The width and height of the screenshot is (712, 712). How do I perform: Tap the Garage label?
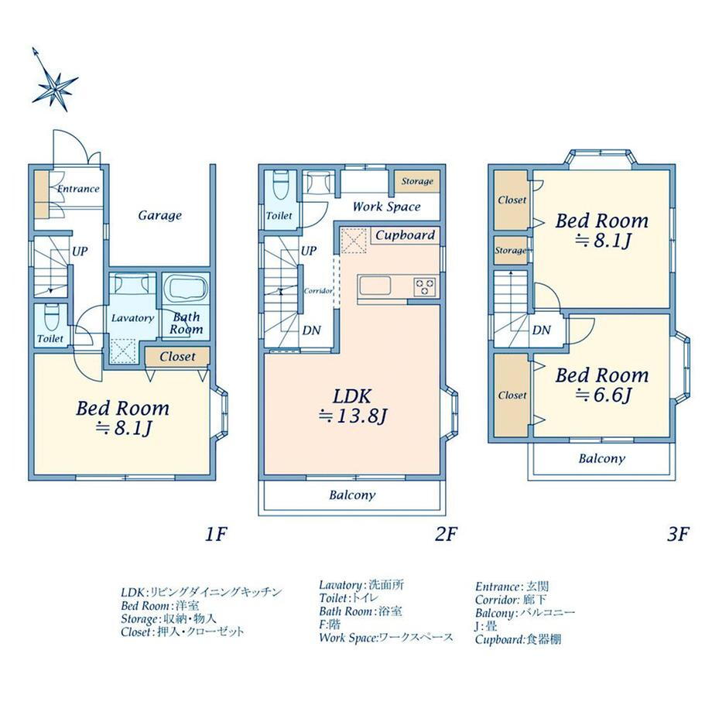[x=160, y=215]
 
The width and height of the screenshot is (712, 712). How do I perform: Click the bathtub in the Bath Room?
[x=186, y=288]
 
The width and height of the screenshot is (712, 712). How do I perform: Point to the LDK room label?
[x=352, y=396]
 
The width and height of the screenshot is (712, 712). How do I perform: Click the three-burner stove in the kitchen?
[x=425, y=287]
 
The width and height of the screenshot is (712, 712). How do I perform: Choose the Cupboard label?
[x=405, y=235]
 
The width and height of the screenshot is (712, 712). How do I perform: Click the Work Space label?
[x=386, y=207]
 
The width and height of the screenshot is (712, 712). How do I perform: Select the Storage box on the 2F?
[x=417, y=182]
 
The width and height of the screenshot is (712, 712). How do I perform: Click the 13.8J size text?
[x=360, y=416]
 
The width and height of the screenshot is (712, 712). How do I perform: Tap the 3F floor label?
[x=678, y=534]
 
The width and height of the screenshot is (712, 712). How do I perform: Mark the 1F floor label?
[x=215, y=534]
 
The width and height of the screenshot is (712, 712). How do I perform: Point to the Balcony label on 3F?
[x=601, y=459]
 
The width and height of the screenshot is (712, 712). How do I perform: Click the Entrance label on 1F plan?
[x=78, y=188]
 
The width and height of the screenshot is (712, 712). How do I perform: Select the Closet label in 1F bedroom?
[x=177, y=357]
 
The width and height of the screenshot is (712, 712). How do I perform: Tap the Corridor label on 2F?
[x=318, y=291]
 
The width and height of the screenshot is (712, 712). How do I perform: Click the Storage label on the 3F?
[x=511, y=250]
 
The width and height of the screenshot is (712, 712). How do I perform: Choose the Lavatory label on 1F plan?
[x=132, y=318]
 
